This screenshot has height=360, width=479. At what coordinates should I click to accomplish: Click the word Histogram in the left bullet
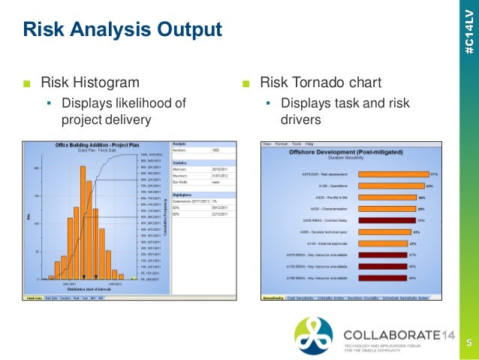(107, 82)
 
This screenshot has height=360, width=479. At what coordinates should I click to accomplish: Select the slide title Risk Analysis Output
(122, 30)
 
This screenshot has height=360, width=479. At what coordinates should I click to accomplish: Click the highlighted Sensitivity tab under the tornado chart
(273, 298)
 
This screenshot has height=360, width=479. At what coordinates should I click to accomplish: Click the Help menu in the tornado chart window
(309, 143)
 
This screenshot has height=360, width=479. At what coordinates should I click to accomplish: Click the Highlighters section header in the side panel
(183, 194)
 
